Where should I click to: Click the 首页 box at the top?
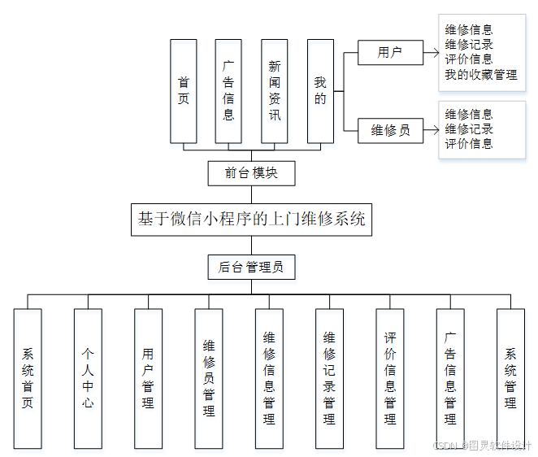click(x=184, y=90)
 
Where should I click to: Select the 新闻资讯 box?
click(x=275, y=90)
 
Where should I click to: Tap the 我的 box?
click(x=320, y=90)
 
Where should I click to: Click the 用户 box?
click(x=391, y=53)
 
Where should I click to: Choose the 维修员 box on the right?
click(x=391, y=129)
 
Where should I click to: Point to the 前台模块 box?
click(x=251, y=172)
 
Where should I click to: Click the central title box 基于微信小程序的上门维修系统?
click(x=251, y=219)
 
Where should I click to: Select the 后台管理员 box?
click(x=251, y=266)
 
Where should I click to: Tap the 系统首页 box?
click(x=28, y=378)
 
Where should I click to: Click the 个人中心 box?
click(x=88, y=378)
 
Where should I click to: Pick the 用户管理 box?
click(x=148, y=378)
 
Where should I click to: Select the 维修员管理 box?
click(x=209, y=378)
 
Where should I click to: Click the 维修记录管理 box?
click(x=329, y=378)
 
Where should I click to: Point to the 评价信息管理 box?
click(x=390, y=378)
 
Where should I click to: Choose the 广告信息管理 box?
click(x=450, y=378)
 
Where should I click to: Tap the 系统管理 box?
click(x=510, y=378)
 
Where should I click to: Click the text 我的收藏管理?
click(x=481, y=75)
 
